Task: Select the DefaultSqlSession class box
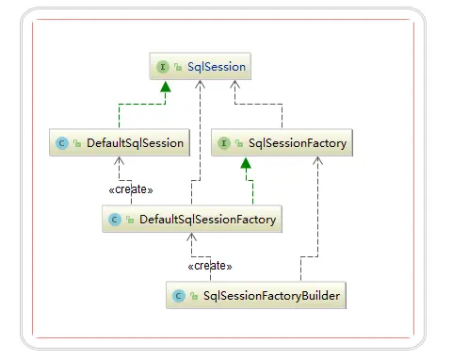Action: tap(120, 143)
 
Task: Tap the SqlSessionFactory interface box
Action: tap(282, 143)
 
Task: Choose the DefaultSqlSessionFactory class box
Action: tap(194, 220)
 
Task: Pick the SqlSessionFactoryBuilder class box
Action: tap(258, 296)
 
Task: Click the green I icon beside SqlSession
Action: tap(163, 67)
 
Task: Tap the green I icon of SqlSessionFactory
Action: tap(224, 143)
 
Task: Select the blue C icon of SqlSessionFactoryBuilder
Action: tap(179, 296)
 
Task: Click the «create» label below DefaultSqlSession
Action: tap(130, 189)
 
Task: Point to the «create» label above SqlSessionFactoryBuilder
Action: tap(210, 267)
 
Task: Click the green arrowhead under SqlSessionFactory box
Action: tap(246, 164)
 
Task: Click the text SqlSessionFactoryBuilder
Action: tap(271, 296)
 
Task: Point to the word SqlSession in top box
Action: tap(216, 67)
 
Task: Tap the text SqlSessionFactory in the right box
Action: tap(297, 143)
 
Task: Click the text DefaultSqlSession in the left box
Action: tap(133, 143)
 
